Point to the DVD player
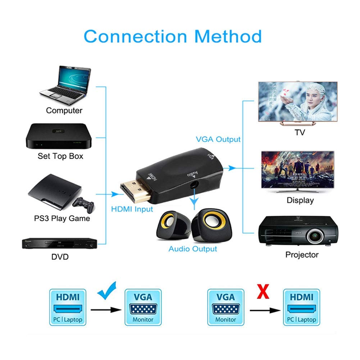[x=59, y=244]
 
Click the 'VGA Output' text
[x=218, y=139]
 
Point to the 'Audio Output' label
[x=193, y=249]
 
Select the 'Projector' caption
[x=302, y=255]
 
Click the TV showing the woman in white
[x=298, y=102]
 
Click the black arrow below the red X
[x=265, y=309]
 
